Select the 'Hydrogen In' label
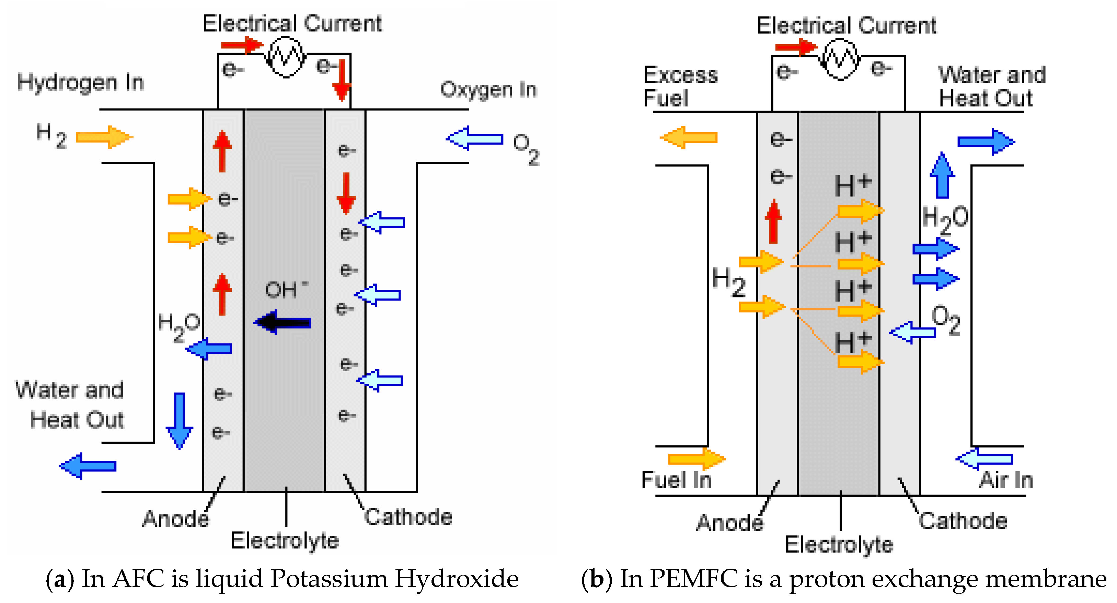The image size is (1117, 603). click(x=81, y=82)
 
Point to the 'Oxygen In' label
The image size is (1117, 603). click(x=488, y=90)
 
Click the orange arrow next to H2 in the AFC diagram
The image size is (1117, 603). click(x=104, y=137)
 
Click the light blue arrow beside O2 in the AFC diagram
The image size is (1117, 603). click(x=474, y=139)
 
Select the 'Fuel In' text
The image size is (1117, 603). click(x=677, y=480)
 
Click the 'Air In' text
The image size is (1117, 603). click(x=1006, y=480)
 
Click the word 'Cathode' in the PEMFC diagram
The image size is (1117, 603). click(x=963, y=521)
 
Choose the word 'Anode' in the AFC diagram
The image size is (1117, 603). click(x=176, y=519)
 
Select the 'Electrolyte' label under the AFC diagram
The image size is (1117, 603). click(x=285, y=541)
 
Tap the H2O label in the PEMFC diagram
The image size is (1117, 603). click(x=945, y=219)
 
